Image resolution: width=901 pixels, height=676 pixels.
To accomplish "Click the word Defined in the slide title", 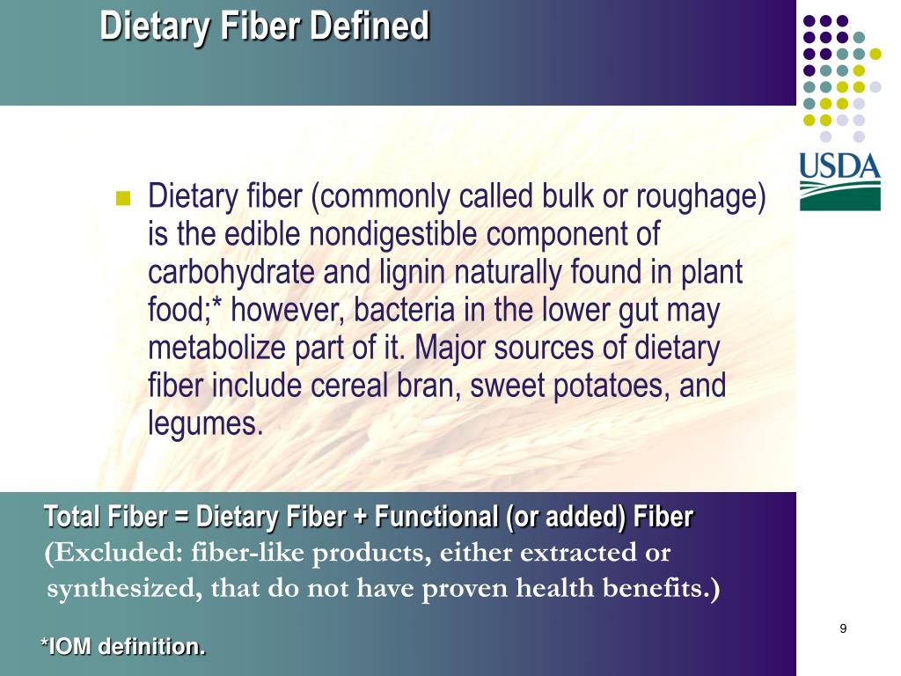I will pyautogui.click(x=370, y=26).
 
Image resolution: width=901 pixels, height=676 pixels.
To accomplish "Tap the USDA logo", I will pyautogui.click(x=839, y=181).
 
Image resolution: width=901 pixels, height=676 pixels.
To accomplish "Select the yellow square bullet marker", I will pyautogui.click(x=122, y=197).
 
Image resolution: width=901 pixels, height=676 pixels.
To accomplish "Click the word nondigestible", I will pyautogui.click(x=369, y=235).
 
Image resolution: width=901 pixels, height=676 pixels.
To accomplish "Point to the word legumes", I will pyautogui.click(x=205, y=425).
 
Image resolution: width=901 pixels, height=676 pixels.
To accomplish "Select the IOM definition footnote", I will pyautogui.click(x=123, y=647).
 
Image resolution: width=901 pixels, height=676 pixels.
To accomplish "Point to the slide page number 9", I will pyautogui.click(x=843, y=628).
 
